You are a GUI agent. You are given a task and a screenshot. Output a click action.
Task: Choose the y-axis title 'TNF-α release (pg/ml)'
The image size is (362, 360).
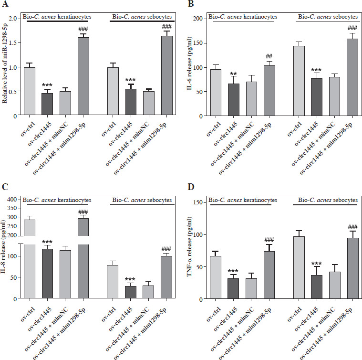tap(193, 248)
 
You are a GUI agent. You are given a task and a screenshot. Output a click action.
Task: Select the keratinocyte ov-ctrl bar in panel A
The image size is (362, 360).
tap(30, 91)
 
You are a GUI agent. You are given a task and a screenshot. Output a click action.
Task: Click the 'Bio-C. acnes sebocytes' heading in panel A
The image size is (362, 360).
tap(136, 17)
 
